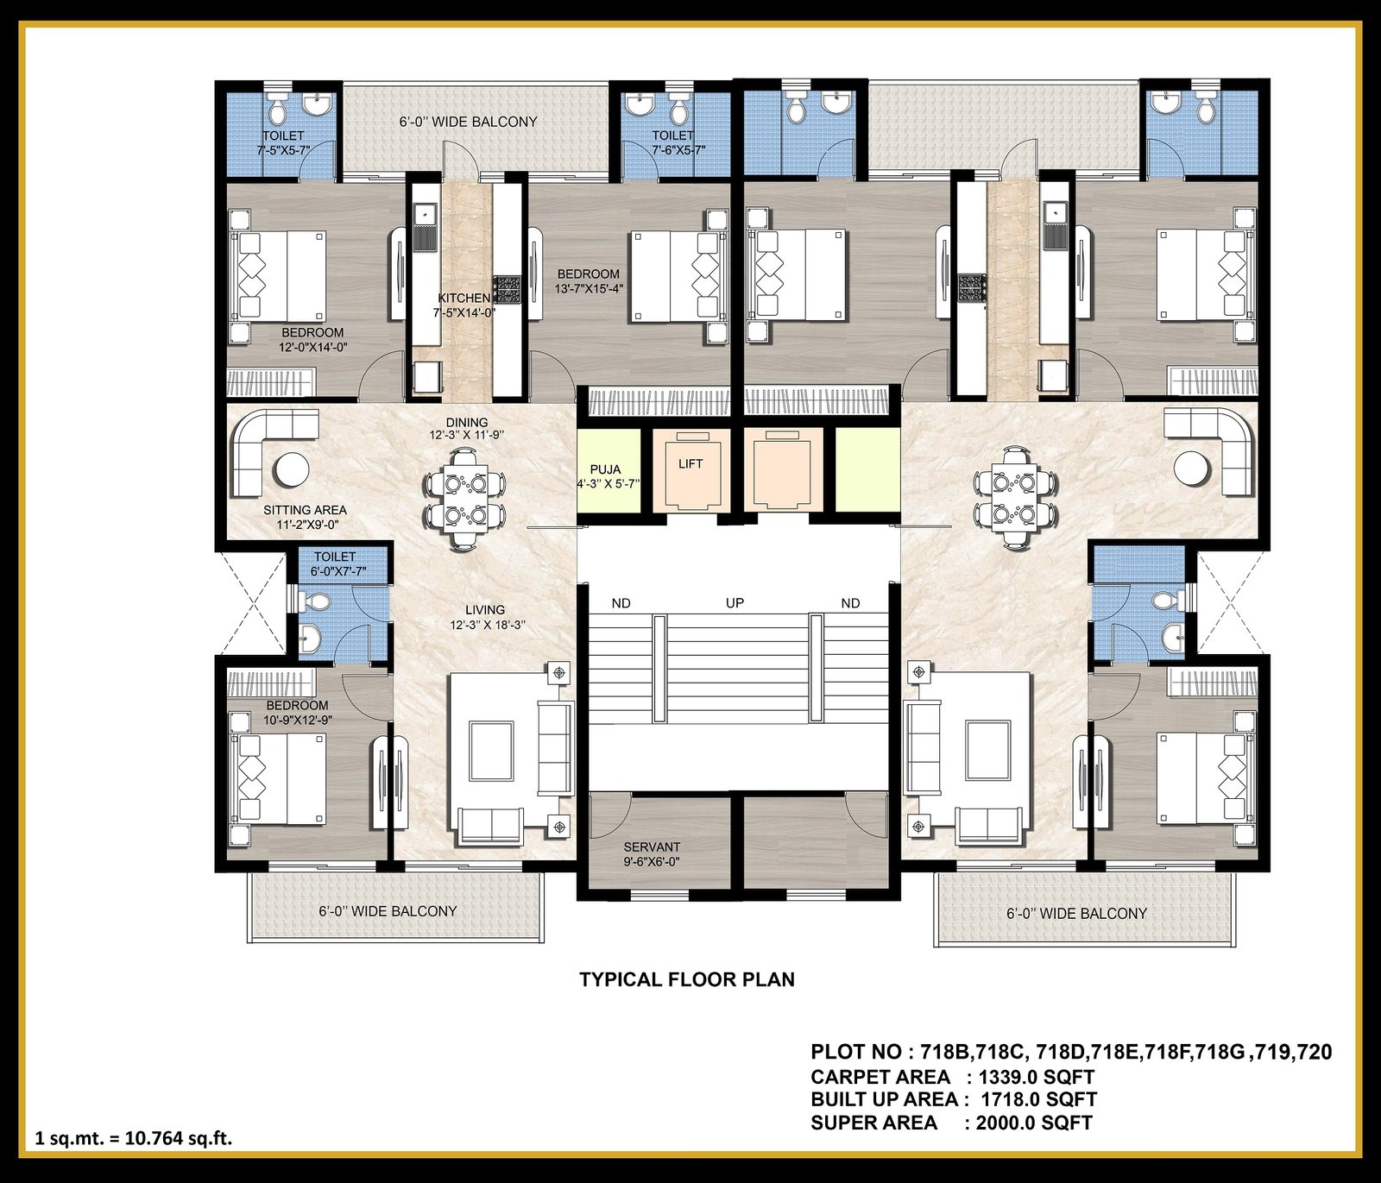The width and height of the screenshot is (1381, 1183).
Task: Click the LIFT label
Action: tap(690, 464)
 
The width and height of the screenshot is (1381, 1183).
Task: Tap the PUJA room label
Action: tap(605, 469)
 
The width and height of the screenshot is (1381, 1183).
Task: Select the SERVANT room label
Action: tap(652, 847)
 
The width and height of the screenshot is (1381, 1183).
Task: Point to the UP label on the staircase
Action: tap(735, 603)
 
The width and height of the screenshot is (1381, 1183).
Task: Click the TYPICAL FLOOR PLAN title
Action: tap(687, 979)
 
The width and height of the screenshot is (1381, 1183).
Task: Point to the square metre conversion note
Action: tap(134, 1138)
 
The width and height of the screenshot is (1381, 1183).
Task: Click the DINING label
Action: tap(467, 423)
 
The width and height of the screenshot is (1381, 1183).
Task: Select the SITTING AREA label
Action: tap(305, 511)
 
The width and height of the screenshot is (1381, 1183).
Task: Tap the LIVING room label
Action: tap(484, 610)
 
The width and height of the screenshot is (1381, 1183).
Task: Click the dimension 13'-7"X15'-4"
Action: tap(589, 288)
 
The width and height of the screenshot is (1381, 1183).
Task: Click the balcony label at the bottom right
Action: tap(1076, 913)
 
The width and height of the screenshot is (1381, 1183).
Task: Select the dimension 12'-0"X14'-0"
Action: tap(312, 347)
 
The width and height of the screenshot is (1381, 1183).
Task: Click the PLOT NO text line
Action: tap(1071, 1053)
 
